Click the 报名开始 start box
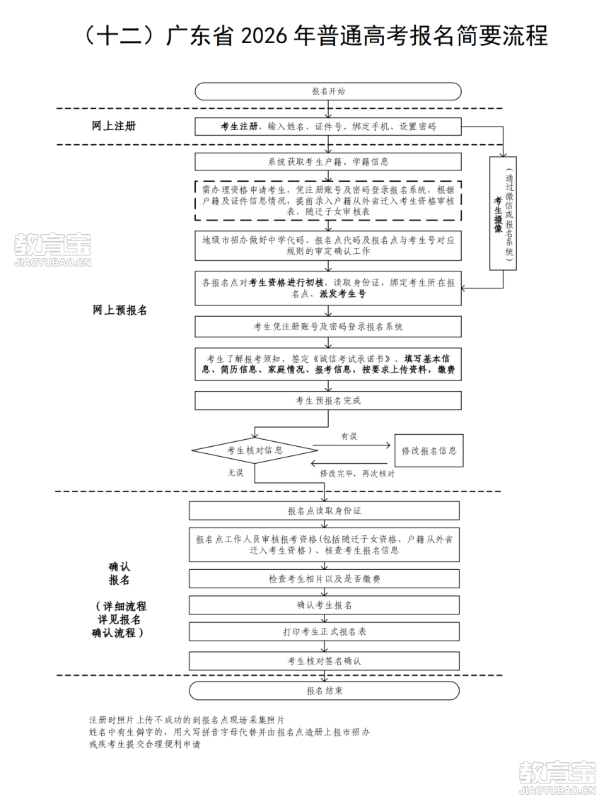pos(328,91)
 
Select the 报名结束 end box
pos(324,691)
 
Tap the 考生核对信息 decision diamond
pos(255,450)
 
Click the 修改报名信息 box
pos(429,450)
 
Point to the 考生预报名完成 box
pos(328,401)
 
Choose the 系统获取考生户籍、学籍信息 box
pos(328,161)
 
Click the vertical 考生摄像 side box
pos(503,214)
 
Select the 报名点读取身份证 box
pos(324,510)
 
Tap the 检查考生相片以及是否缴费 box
pos(324,579)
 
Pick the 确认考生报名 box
pos(324,605)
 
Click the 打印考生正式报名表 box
pos(324,631)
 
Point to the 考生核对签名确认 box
pos(324,661)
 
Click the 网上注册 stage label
pos(113,126)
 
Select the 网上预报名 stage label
pos(120,310)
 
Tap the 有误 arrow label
pos(349,436)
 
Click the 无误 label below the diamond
pos(235,472)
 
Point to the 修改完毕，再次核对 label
pos(357,473)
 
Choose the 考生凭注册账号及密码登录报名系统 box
pos(328,327)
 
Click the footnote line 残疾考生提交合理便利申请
pos(144,745)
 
